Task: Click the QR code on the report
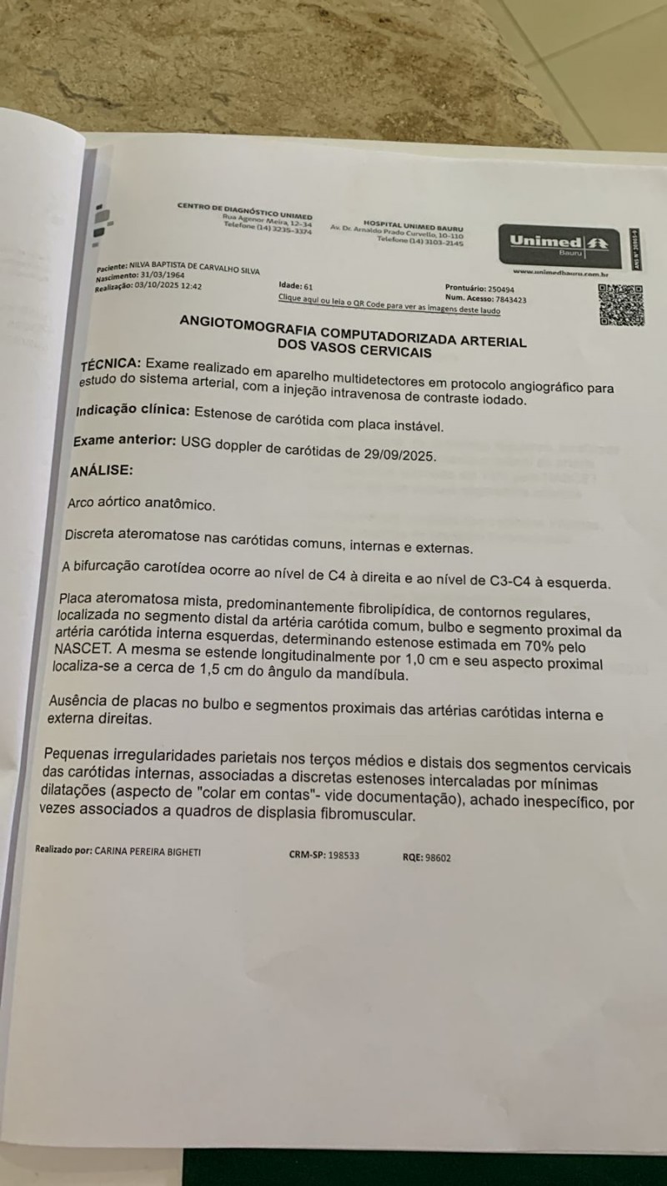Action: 621,304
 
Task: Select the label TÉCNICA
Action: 110,364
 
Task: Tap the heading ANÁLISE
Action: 101,470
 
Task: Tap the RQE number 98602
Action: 438,857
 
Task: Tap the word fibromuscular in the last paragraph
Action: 370,815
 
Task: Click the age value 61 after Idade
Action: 308,285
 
